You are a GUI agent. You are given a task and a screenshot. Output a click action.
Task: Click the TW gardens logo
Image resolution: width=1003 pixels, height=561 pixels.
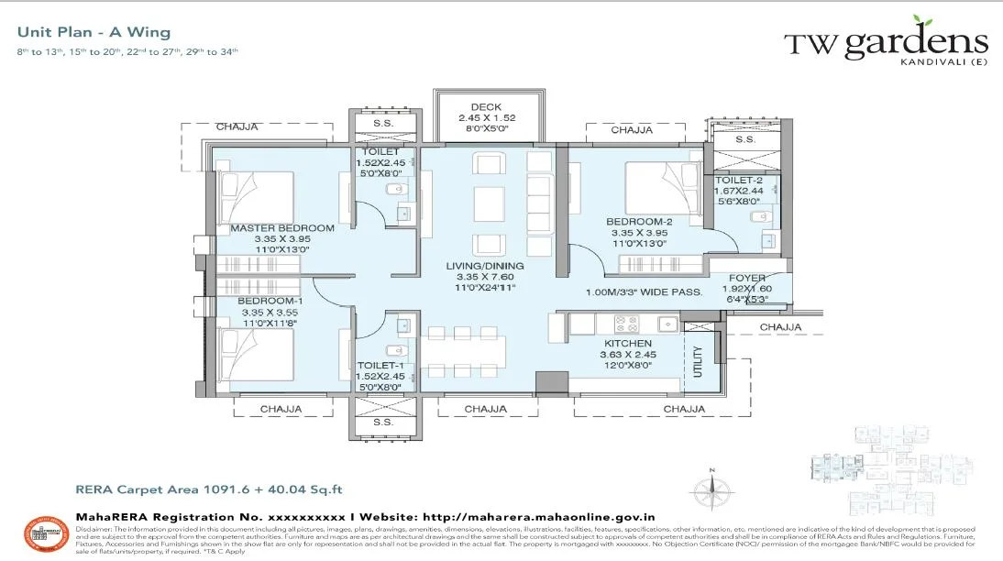(x=885, y=44)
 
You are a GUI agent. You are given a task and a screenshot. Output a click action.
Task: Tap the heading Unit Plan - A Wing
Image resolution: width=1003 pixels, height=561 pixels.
(x=94, y=32)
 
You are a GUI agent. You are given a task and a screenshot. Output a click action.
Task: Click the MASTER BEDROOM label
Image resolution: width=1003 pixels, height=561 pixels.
(x=282, y=228)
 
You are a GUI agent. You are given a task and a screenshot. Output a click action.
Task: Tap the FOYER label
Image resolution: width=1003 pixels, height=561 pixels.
(x=747, y=279)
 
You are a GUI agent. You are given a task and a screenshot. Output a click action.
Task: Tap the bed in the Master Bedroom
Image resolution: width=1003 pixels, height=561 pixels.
(x=256, y=195)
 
